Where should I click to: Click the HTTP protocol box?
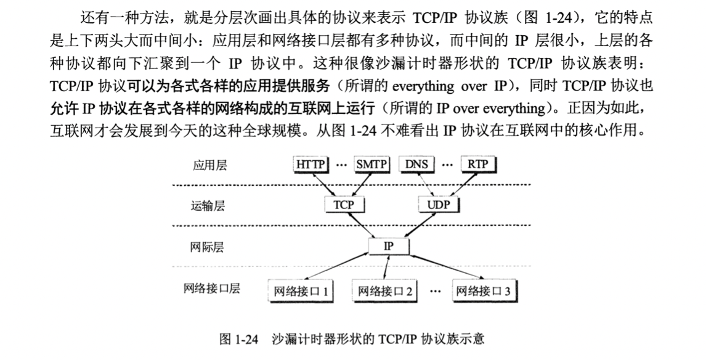tap(311, 165)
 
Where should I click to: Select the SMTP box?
tap(371, 165)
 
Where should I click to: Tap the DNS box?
tap(416, 165)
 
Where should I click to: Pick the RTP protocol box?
tap(477, 165)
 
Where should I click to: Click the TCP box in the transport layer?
tap(343, 205)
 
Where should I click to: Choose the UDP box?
tap(438, 205)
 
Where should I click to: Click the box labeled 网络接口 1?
tap(301, 290)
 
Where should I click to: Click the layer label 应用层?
tap(210, 165)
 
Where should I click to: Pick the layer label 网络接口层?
tap(211, 288)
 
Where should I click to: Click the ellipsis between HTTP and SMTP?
tap(341, 165)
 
